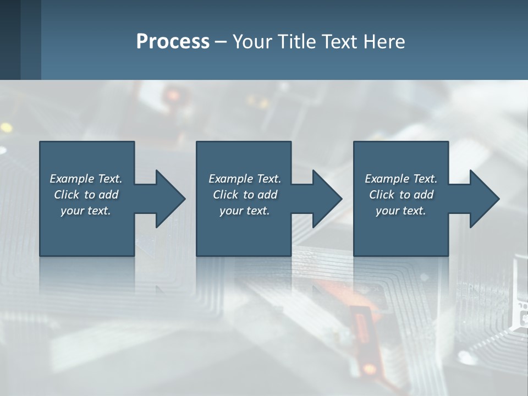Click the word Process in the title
173,42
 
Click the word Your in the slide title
252,42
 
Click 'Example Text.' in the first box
86,179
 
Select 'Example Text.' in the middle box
245,179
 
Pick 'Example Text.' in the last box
401,179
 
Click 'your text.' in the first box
86,211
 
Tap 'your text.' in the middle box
245,211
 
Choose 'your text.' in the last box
401,211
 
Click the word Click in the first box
67,195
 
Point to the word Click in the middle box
226,195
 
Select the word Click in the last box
382,195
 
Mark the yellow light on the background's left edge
6,128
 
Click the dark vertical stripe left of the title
30,40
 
